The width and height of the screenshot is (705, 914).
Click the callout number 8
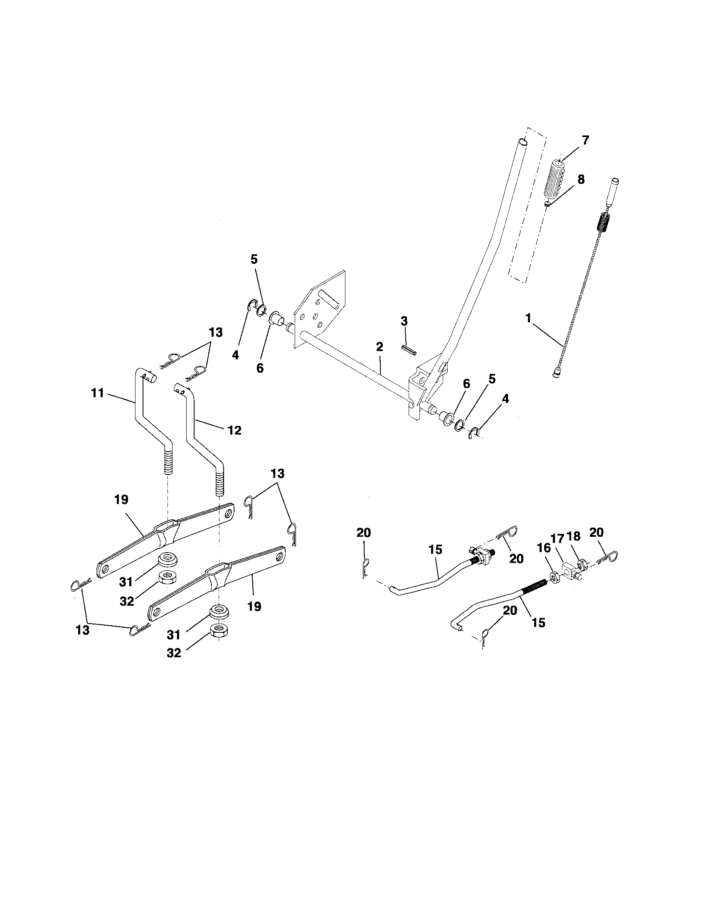point(581,179)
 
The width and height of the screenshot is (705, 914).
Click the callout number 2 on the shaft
point(379,346)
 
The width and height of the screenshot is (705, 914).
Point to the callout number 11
point(97,393)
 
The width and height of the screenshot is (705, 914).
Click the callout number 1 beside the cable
point(528,319)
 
